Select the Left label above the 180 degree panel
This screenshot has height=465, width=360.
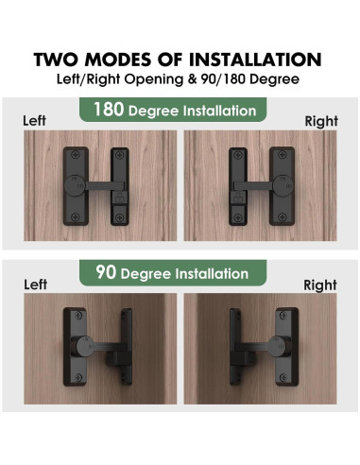pyautogui.click(x=35, y=121)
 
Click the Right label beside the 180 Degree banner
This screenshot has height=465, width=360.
pyautogui.click(x=320, y=121)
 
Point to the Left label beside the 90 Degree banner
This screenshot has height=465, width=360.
pyautogui.click(x=35, y=284)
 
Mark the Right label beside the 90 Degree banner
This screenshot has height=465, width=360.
pyautogui.click(x=320, y=284)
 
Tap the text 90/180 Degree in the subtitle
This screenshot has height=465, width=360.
pyautogui.click(x=241, y=80)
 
